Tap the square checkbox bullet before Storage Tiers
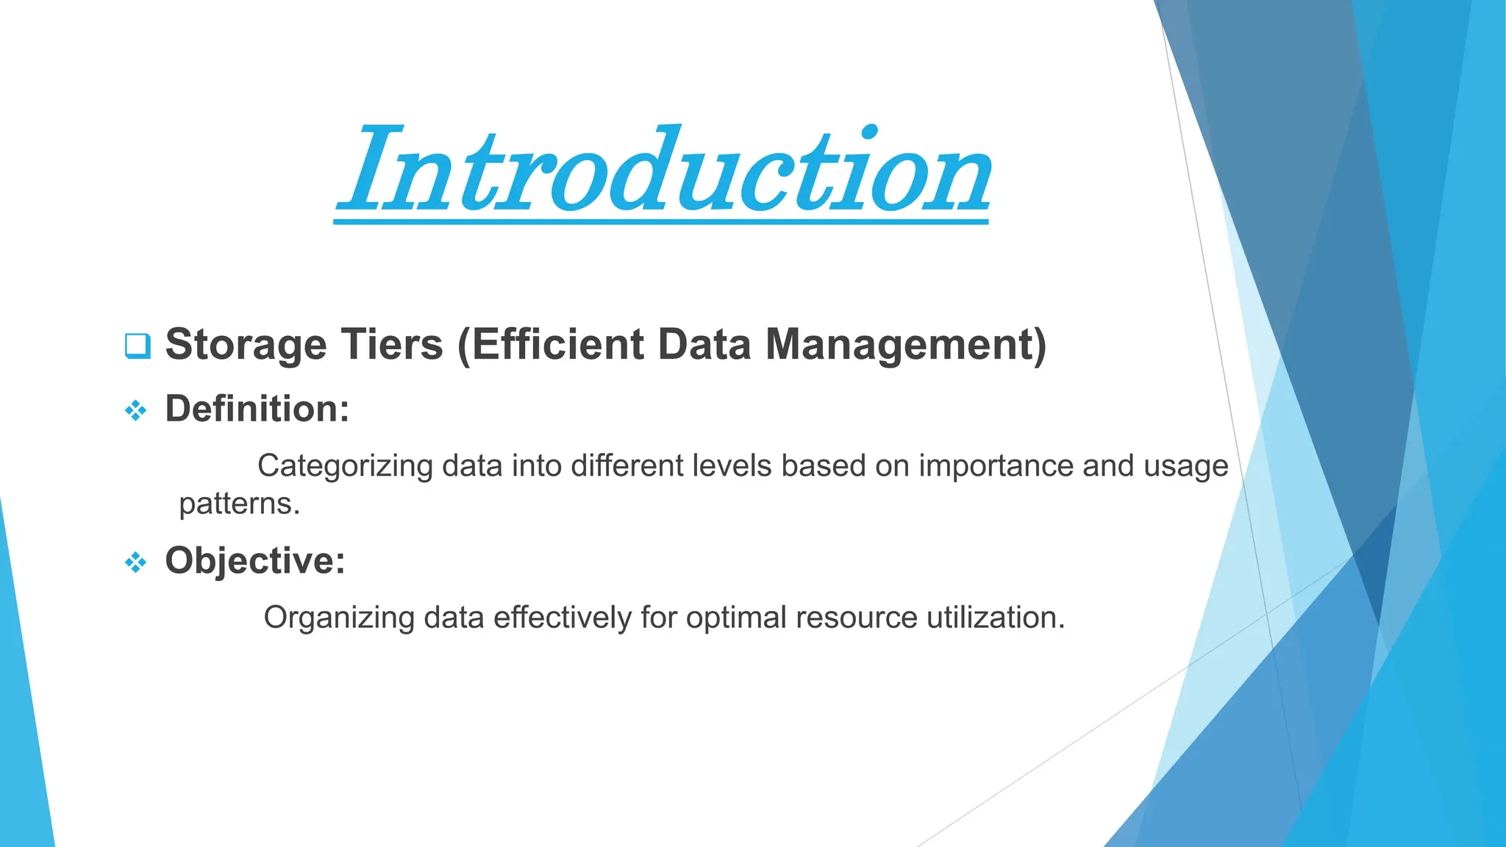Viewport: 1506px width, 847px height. [x=138, y=346]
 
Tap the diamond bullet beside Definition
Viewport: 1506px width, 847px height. [x=135, y=411]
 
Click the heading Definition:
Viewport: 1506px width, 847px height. [x=257, y=409]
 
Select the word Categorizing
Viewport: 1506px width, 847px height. [x=344, y=466]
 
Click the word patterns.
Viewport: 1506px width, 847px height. [x=239, y=504]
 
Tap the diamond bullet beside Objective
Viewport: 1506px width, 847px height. [x=135, y=563]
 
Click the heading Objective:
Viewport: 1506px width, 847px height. [x=254, y=561]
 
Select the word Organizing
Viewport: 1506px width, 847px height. [x=339, y=618]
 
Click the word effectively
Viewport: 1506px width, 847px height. [x=562, y=618]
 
